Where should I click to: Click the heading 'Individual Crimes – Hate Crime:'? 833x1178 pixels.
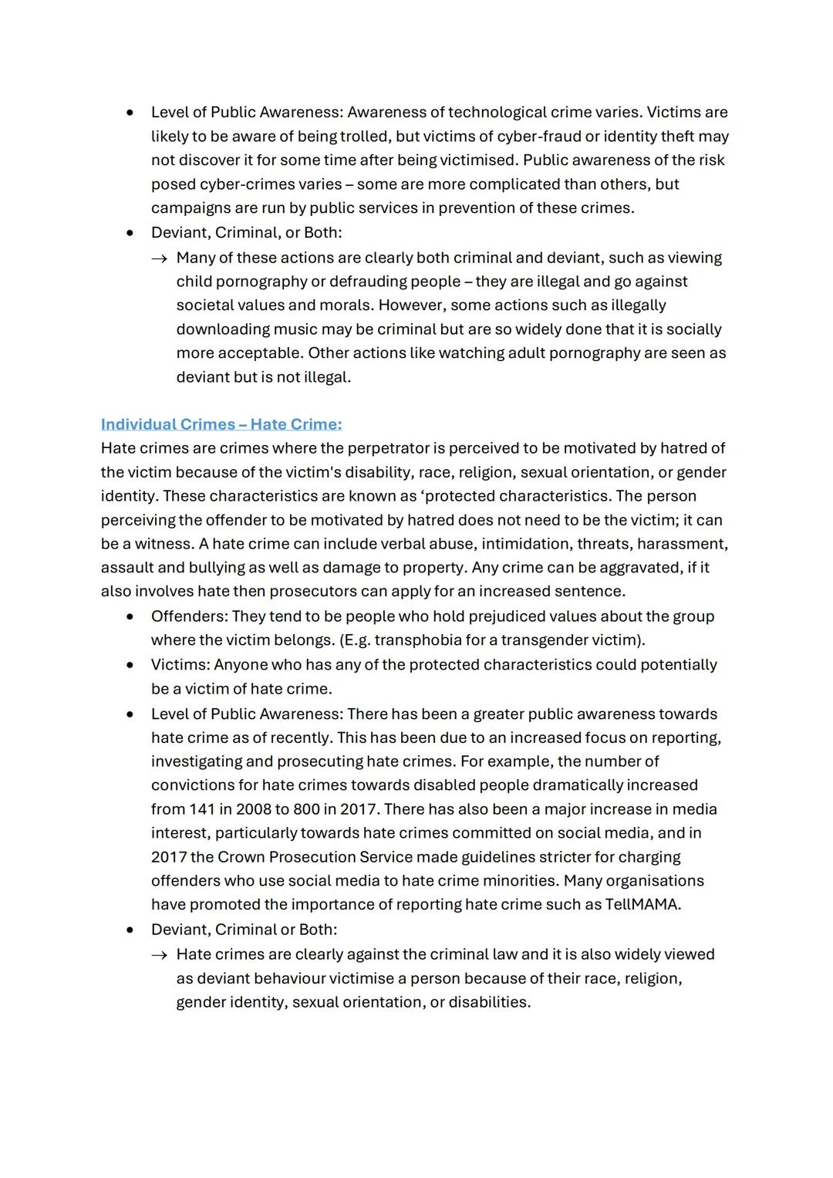point(221,424)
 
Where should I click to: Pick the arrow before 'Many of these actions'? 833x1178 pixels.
point(159,258)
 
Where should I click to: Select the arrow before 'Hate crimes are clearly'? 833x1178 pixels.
point(159,955)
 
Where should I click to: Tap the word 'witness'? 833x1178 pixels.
point(164,544)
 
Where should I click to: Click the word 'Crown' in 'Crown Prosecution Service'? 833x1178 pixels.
point(241,857)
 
